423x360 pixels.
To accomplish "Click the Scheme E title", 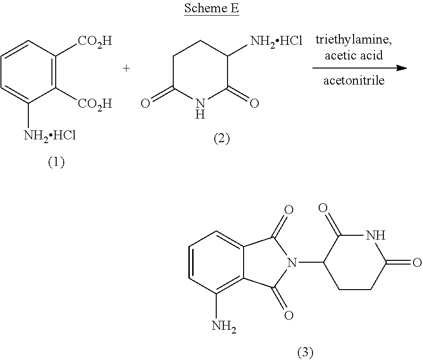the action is pyautogui.click(x=212, y=8).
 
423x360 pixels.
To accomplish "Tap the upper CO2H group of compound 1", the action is pyautogui.click(x=95, y=42).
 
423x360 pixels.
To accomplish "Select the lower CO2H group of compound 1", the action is pyautogui.click(x=95, y=104).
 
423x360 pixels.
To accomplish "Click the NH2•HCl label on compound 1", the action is pyautogui.click(x=50, y=136).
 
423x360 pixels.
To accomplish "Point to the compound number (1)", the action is pyautogui.click(x=56, y=162).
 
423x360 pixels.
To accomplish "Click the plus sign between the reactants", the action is pyautogui.click(x=126, y=69).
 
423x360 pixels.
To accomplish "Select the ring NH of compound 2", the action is pyautogui.click(x=200, y=109).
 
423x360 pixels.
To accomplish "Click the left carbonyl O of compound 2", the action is pyautogui.click(x=145, y=103).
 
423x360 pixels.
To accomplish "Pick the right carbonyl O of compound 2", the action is pyautogui.click(x=254, y=103).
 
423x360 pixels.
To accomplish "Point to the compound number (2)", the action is pyautogui.click(x=222, y=139).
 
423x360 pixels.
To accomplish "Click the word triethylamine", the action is pyautogui.click(x=354, y=40).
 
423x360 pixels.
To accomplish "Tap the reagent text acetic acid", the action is pyautogui.click(x=354, y=55).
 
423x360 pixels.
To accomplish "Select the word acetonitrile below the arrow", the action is pyautogui.click(x=354, y=80).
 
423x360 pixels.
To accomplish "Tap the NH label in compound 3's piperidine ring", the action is pyautogui.click(x=376, y=235).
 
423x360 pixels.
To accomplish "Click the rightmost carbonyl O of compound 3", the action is pyautogui.click(x=417, y=262).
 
